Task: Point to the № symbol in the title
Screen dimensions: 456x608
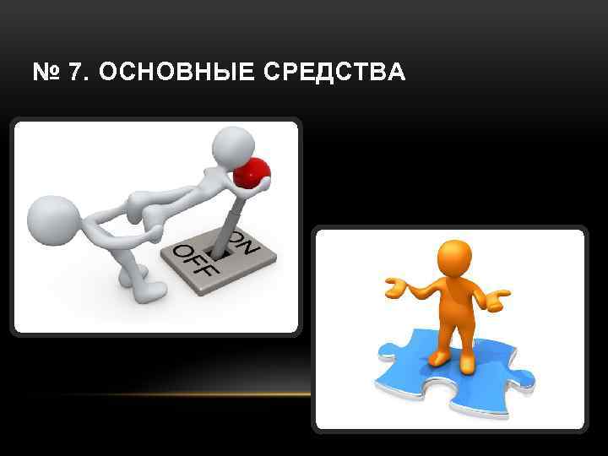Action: point(46,73)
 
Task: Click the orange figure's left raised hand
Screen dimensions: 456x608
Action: point(394,289)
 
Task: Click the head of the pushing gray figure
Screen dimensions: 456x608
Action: point(53,220)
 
